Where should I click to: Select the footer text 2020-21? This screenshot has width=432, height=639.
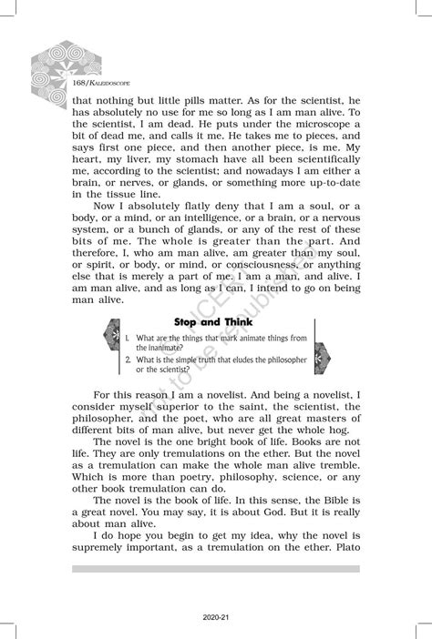coord(216,617)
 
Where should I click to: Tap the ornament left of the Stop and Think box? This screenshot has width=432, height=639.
coord(110,345)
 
